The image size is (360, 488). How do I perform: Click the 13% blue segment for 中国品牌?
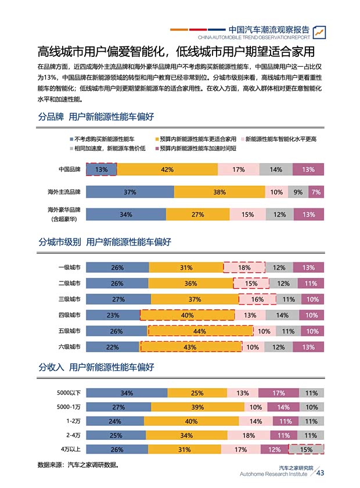pyautogui.click(x=102, y=169)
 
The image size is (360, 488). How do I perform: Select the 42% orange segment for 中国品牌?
pyautogui.click(x=167, y=169)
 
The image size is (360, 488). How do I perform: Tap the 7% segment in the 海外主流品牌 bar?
pyautogui.click(x=316, y=192)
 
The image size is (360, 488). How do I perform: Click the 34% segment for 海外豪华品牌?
pyautogui.click(x=126, y=215)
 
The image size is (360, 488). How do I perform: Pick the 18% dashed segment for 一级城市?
pyautogui.click(x=244, y=268)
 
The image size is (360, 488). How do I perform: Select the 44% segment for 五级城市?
pyautogui.click(x=200, y=331)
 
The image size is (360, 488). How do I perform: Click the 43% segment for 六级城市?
pyautogui.click(x=190, y=347)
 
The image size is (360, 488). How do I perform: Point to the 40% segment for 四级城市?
pyautogui.click(x=188, y=315)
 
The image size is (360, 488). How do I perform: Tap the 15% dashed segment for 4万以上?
pyautogui.click(x=306, y=450)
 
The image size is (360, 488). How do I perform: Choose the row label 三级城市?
pyautogui.click(x=69, y=299)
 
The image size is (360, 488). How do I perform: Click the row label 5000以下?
pyautogui.click(x=69, y=393)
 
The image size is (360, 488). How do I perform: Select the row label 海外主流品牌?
pyautogui.click(x=64, y=192)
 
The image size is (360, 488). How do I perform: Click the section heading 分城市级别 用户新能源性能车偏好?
pyautogui.click(x=105, y=241)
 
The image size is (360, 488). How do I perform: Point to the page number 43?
pyautogui.click(x=319, y=473)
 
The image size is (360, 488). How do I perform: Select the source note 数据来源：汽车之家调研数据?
pyautogui.click(x=78, y=465)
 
